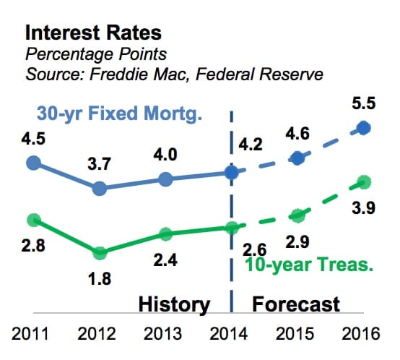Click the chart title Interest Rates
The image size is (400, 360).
93,33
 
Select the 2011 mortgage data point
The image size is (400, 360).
34,163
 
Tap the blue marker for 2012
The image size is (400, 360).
100,189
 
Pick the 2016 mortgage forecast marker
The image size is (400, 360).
363,128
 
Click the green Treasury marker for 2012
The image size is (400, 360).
100,252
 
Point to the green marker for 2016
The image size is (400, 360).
363,182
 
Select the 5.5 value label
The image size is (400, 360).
363,103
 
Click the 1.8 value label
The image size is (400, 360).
100,278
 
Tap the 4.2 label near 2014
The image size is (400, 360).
251,145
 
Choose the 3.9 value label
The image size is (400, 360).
363,207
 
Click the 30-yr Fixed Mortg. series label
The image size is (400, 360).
119,113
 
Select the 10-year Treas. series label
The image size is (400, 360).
309,265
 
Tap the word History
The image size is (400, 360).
174,304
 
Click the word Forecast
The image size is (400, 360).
296,304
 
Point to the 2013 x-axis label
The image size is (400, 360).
162,334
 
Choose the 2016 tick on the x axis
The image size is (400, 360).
361,334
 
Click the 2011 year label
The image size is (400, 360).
30,334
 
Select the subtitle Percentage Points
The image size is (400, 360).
96,54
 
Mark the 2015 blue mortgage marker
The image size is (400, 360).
297,158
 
